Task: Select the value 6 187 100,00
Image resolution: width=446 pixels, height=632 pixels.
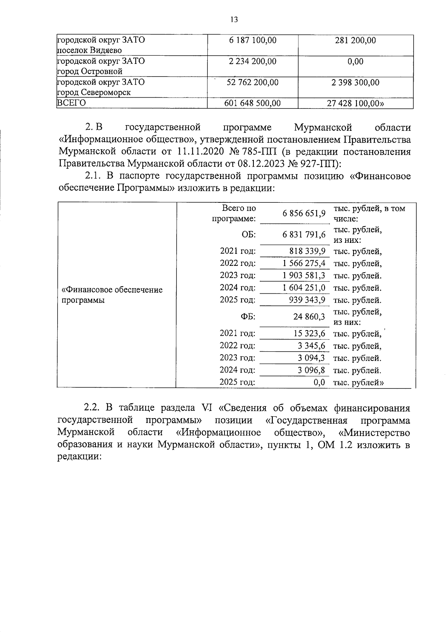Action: pyautogui.click(x=253, y=40)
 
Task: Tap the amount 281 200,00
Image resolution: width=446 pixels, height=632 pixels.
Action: pyautogui.click(x=355, y=40)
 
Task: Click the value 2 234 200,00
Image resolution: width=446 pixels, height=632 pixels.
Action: pyautogui.click(x=253, y=61)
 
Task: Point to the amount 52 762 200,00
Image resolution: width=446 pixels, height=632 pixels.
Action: pyautogui.click(x=253, y=82)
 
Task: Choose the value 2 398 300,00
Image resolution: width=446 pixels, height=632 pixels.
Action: pyautogui.click(x=355, y=82)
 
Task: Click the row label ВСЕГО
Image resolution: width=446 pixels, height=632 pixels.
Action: pyautogui.click(x=71, y=103)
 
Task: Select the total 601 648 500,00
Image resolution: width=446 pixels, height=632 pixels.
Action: pyautogui.click(x=253, y=103)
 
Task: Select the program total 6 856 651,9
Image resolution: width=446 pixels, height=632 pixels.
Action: pyautogui.click(x=304, y=214)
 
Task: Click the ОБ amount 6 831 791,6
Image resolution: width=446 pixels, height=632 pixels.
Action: pyautogui.click(x=304, y=235)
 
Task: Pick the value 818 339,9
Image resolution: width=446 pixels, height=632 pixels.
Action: pyautogui.click(x=307, y=251)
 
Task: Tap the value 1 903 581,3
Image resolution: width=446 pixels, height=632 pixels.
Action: pyautogui.click(x=304, y=276)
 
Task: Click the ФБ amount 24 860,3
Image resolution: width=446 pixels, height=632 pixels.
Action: pyautogui.click(x=309, y=317)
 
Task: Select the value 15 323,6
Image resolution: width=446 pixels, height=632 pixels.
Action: pyautogui.click(x=309, y=334)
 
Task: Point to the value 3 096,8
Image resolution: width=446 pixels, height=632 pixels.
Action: pyautogui.click(x=311, y=370)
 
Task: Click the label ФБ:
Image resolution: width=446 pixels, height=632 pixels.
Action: pyautogui.click(x=248, y=317)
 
